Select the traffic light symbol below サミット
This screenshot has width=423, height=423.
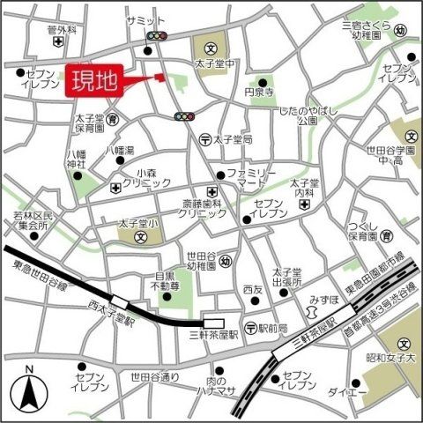tap(157, 37)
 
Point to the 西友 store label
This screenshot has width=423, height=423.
tap(254, 289)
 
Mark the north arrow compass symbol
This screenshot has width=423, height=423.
tap(28, 388)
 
